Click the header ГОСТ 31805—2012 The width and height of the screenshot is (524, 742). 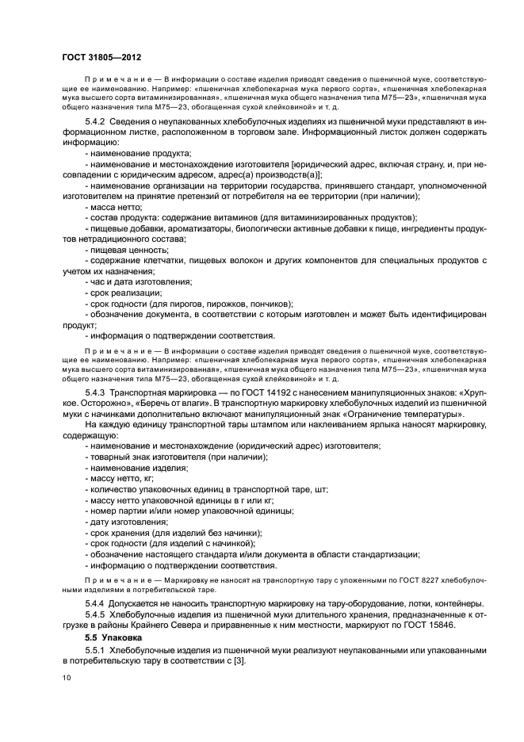[101, 58]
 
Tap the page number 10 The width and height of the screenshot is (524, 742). [66, 678]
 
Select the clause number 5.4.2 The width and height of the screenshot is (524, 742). [97, 120]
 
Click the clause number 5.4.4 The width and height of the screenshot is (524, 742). [97, 603]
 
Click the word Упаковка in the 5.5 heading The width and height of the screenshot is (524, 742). [126, 637]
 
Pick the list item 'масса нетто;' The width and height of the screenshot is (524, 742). [113, 206]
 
